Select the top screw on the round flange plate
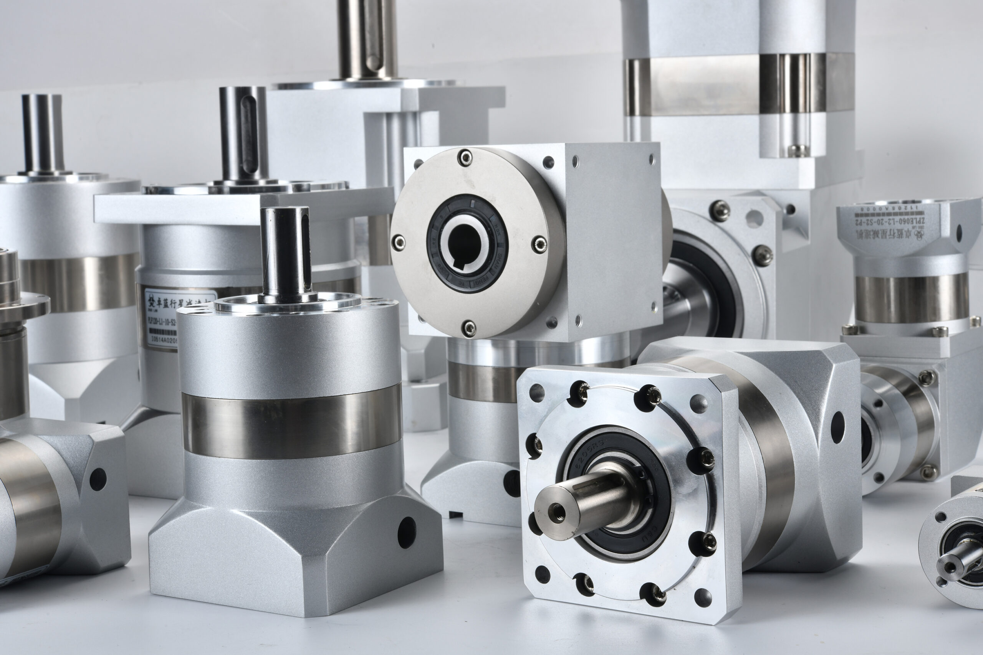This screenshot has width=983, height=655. point(465,157)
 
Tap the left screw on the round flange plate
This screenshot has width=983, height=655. point(398,241)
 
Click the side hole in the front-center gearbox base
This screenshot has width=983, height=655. point(406,533)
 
